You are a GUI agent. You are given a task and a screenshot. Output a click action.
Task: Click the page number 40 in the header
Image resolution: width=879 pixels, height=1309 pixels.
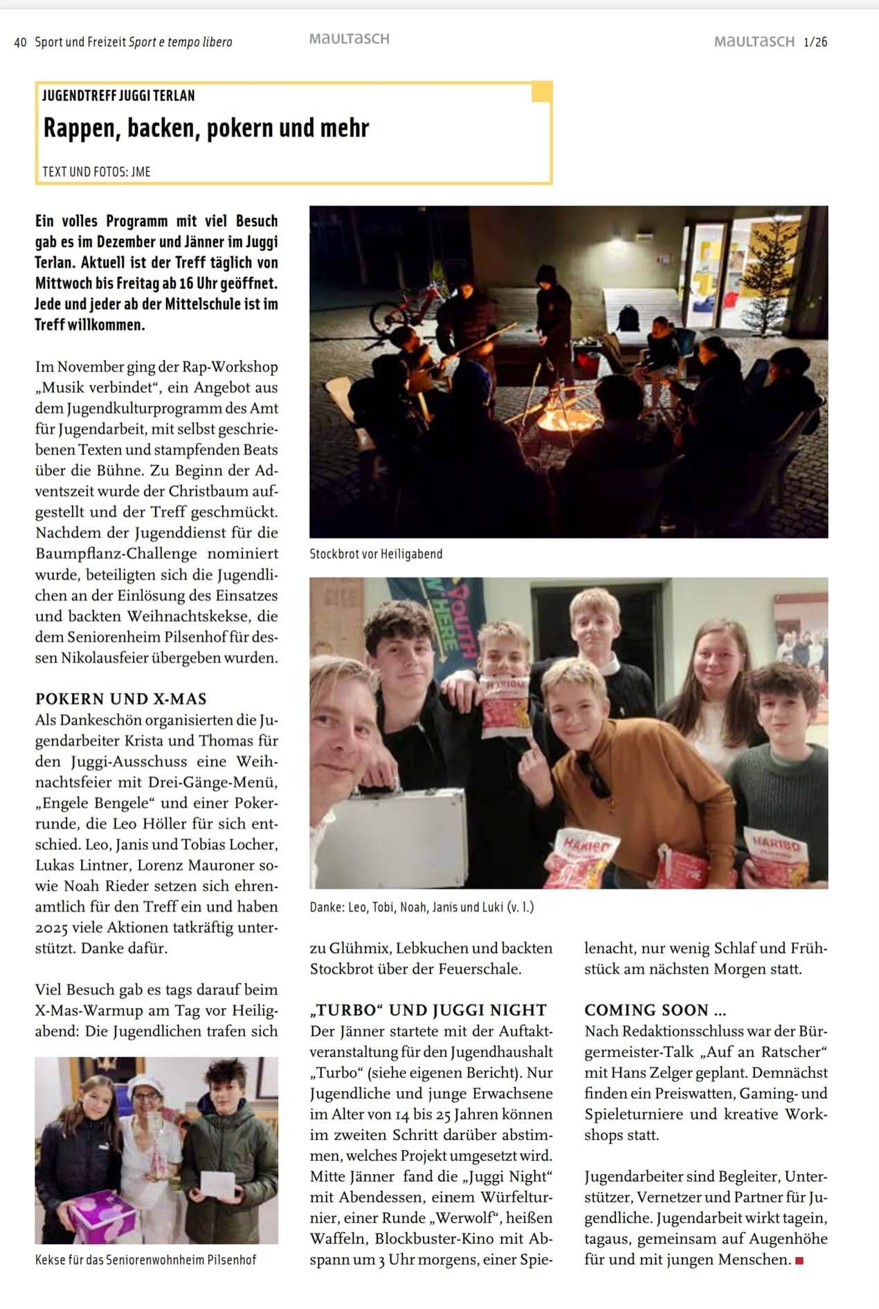(x=20, y=42)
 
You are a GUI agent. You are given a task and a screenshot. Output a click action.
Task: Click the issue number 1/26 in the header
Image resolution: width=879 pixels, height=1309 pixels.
(x=815, y=42)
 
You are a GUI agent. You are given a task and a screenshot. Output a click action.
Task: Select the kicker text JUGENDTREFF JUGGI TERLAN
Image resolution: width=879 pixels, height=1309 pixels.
(x=118, y=96)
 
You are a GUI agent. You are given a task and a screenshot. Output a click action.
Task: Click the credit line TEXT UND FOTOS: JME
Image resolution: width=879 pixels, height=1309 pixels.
(x=96, y=171)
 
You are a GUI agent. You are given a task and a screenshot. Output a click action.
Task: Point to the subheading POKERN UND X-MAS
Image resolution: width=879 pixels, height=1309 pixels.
(x=121, y=698)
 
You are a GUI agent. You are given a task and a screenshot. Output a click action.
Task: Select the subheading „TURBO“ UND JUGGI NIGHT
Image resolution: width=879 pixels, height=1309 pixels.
(x=428, y=1010)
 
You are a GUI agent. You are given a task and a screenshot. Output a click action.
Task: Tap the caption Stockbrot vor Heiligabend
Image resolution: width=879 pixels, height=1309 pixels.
(x=376, y=554)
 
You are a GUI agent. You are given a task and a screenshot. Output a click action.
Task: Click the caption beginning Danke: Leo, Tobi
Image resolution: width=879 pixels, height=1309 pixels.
(x=422, y=907)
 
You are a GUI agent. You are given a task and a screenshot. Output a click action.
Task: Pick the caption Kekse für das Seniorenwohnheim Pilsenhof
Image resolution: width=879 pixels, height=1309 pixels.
(x=145, y=1260)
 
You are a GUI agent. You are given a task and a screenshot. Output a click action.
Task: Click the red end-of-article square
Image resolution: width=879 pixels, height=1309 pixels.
(x=799, y=1261)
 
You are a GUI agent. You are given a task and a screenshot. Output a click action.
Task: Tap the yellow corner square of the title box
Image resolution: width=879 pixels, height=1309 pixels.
(x=541, y=91)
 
